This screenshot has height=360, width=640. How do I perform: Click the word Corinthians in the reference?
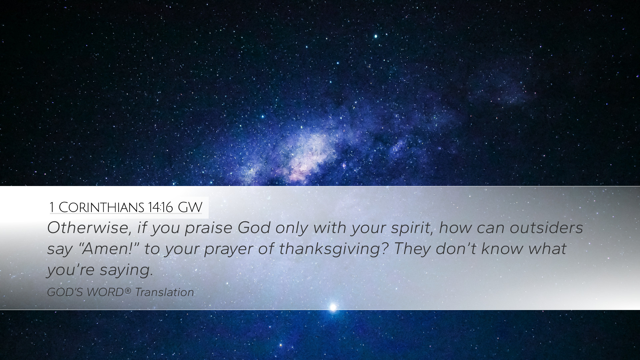click(x=101, y=207)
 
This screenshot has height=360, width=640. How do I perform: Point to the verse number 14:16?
click(x=161, y=207)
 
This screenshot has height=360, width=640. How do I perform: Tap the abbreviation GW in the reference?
click(x=190, y=207)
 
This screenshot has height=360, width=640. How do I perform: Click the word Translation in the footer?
click(x=164, y=292)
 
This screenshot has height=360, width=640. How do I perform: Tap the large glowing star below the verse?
click(x=333, y=307)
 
